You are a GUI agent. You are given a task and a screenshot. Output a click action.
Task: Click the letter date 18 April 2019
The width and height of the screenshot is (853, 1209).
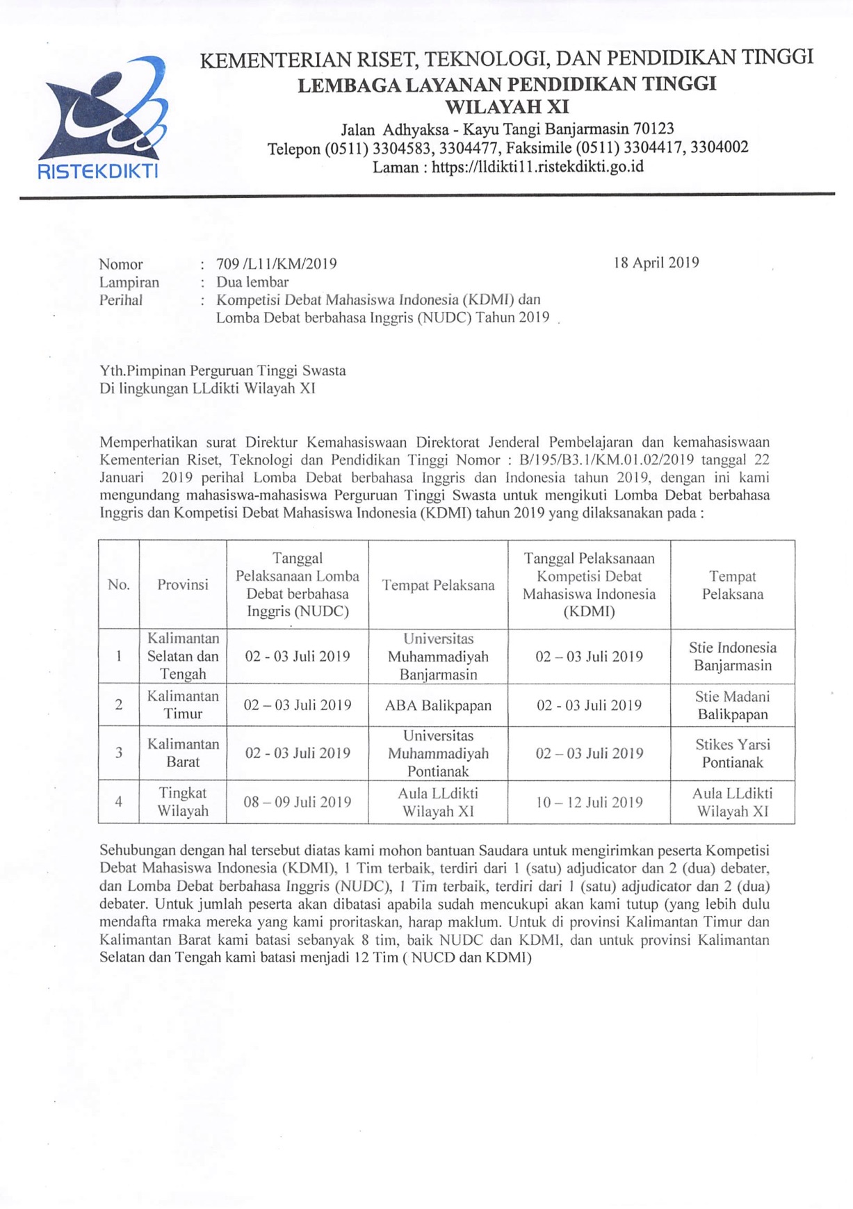656,263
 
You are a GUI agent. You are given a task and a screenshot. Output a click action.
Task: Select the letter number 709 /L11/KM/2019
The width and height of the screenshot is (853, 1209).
277,264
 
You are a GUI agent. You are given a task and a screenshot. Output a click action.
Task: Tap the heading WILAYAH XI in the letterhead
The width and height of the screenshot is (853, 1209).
506,107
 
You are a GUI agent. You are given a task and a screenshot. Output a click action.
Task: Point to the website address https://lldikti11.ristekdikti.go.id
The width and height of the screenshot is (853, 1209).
537,167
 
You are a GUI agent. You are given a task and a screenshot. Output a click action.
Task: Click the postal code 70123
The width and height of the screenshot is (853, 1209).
651,129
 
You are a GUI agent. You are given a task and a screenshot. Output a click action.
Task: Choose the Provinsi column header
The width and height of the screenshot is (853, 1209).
183,585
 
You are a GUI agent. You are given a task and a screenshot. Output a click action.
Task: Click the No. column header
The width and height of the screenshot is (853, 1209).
119,585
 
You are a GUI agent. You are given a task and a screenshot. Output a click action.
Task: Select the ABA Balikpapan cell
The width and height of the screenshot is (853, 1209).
438,706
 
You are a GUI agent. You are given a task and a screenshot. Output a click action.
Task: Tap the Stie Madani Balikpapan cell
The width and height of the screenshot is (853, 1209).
732,705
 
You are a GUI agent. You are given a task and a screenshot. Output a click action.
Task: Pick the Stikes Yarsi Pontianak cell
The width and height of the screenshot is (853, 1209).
733,753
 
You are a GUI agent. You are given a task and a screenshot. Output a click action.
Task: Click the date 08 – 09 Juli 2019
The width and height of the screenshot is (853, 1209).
298,803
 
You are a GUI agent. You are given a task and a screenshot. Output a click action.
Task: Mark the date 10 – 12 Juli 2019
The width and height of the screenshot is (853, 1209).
590,803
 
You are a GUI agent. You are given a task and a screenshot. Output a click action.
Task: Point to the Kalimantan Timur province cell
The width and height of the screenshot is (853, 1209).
183,705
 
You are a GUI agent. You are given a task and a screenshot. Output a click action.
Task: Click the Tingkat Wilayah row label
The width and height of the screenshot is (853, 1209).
183,802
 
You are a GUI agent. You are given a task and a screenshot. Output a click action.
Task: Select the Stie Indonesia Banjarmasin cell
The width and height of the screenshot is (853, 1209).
733,657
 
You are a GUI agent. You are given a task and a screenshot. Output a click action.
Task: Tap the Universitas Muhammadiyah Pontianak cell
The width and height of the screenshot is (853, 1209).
438,753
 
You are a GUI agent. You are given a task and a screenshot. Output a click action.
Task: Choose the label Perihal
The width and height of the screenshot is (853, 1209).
121,300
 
